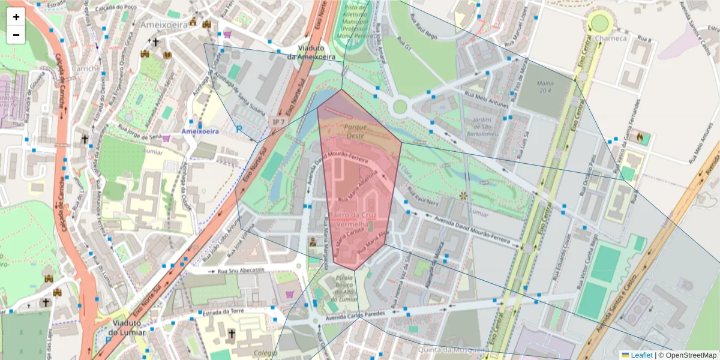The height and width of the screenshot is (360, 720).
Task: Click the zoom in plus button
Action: (x=16, y=17)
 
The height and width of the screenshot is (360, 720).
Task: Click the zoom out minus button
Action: (x=16, y=35)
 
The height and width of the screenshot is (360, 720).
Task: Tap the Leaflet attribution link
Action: (x=641, y=355)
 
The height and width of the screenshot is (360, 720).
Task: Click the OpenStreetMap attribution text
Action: (x=687, y=355)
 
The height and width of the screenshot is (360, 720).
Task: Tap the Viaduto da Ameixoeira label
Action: (x=311, y=52)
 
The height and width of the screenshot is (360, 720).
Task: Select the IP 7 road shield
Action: (x=278, y=122)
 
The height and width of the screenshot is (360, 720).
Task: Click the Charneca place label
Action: (x=611, y=38)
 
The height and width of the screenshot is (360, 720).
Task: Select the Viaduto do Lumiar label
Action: (x=128, y=327)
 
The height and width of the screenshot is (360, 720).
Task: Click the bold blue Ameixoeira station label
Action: (x=200, y=130)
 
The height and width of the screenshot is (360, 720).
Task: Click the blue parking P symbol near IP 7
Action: (x=238, y=129)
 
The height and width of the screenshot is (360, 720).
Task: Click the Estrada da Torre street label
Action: (x=223, y=311)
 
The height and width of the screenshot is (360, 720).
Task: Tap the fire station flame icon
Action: (x=640, y=138)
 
